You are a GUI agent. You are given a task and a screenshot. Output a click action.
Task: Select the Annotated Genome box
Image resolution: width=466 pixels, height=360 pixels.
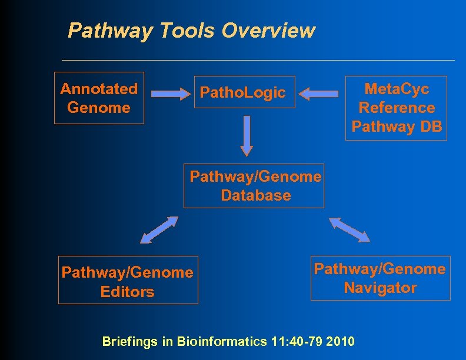(x=99, y=98)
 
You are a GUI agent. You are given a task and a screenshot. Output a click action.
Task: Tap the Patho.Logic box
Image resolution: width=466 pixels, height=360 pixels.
(x=244, y=92)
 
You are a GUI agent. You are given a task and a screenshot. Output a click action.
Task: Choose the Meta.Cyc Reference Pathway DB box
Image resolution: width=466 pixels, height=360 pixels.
(x=396, y=108)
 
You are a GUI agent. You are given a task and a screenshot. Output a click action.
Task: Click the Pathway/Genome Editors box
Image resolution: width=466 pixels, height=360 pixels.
(x=128, y=280)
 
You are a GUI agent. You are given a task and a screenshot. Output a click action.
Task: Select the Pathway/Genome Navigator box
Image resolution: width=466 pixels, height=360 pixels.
(x=380, y=278)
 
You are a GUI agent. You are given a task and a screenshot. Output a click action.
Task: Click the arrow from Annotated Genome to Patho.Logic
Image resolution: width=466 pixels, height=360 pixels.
(x=169, y=92)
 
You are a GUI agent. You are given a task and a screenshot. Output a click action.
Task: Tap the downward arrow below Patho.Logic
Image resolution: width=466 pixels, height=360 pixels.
(x=247, y=135)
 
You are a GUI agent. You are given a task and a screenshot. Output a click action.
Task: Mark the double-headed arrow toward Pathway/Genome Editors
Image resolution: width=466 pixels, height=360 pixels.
(x=159, y=229)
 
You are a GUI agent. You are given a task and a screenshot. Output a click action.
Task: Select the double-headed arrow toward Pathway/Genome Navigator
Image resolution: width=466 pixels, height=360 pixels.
(x=349, y=229)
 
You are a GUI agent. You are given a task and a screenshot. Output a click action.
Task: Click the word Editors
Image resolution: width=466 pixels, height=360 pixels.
(x=128, y=292)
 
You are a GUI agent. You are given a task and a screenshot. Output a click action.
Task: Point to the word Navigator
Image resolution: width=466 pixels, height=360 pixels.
(x=380, y=288)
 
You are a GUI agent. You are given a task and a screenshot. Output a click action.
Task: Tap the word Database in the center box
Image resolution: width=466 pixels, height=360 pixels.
(x=256, y=195)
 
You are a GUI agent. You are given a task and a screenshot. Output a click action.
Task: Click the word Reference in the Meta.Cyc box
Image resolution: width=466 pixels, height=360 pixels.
(x=397, y=108)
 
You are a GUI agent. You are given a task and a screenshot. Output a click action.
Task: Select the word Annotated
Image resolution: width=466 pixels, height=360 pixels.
(x=99, y=89)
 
